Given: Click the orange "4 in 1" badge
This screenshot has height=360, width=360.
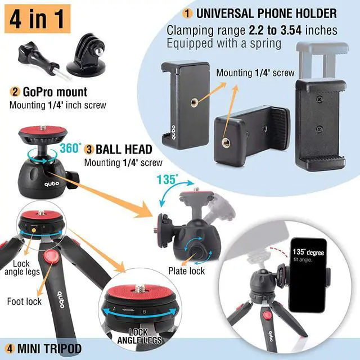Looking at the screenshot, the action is point(38,19).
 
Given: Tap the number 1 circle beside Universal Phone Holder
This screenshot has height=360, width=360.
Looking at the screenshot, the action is point(187,13).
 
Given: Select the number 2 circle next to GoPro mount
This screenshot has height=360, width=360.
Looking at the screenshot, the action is point(15,92).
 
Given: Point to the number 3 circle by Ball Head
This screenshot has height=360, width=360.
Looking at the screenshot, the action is point(89,150).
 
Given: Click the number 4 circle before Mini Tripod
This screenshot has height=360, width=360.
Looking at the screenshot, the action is point(10,349).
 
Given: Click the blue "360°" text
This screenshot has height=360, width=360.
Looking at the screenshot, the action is point(70,148).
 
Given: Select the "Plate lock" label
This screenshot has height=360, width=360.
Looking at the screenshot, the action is point(186,271).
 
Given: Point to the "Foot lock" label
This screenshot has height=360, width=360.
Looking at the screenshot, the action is point(24,301).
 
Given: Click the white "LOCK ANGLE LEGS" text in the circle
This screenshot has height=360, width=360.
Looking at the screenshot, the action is point(139,336).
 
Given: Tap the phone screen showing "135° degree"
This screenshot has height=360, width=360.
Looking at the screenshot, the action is point(308,275).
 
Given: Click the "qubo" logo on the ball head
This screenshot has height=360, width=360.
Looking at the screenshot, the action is point(52,184).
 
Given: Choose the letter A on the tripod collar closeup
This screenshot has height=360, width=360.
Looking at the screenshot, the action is point(114,309).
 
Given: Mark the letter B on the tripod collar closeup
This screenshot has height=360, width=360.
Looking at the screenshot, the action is point(144,312).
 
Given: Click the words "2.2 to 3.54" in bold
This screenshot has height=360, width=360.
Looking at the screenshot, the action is point(275,30).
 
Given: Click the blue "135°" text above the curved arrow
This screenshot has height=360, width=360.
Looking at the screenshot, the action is point(168,179).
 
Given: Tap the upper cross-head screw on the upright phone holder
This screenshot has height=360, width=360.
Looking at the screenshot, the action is point(319,100).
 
